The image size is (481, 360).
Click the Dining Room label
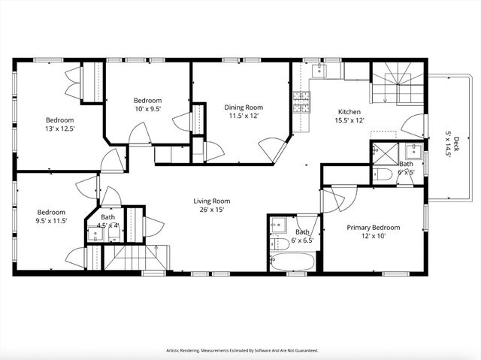[x=242, y=107]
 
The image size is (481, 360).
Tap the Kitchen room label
[x=349, y=111]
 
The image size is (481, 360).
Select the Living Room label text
[x=211, y=201]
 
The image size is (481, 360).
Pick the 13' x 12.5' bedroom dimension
[x=60, y=129]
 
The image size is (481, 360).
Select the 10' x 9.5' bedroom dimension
[x=147, y=109]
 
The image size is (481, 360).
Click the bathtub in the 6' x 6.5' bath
[x=293, y=262]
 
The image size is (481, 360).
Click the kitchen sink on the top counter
[x=319, y=70]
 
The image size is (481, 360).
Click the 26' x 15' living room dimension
[x=211, y=210]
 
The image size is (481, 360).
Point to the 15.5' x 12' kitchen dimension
[x=349, y=120]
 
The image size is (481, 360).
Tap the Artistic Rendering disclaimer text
[x=241, y=350]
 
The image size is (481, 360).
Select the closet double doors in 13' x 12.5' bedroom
[x=74, y=82]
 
